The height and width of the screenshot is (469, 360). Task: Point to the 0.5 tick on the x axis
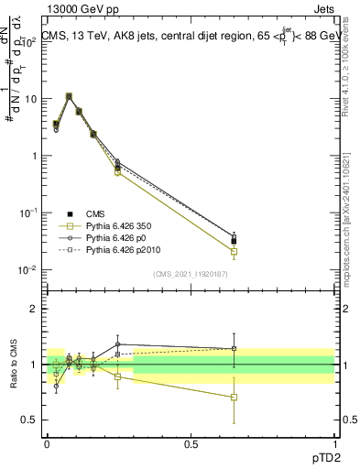pyautogui.click(x=191, y=442)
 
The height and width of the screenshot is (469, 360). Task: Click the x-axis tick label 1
pyautogui.click(x=334, y=442)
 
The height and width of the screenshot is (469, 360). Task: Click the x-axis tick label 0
pyautogui.click(x=47, y=442)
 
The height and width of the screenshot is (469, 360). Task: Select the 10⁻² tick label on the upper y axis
pyautogui.click(x=28, y=269)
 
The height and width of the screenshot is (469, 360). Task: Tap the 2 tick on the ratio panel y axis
pyautogui.click(x=35, y=309)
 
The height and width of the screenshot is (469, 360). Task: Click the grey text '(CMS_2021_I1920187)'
pyautogui.click(x=190, y=273)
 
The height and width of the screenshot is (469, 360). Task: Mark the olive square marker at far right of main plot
pyautogui.click(x=235, y=251)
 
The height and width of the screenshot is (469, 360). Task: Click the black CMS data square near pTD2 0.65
pyautogui.click(x=235, y=241)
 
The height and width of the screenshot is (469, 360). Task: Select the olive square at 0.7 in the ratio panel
pyautogui.click(x=235, y=397)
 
